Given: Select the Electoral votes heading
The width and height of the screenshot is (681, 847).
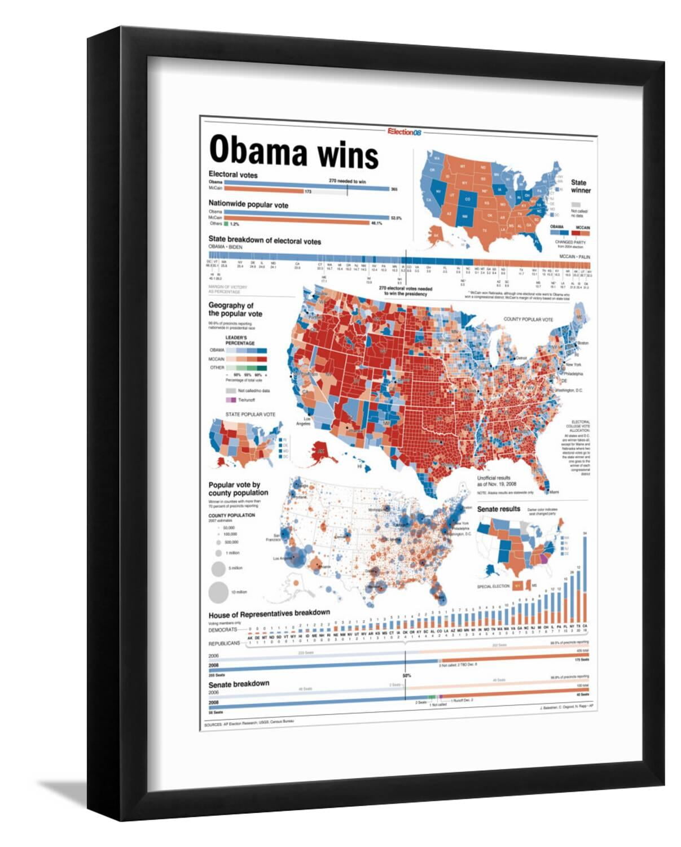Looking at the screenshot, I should (233, 174).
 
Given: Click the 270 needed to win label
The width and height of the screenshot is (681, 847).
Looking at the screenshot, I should (347, 181).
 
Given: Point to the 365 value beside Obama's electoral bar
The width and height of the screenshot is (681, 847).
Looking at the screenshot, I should (394, 189).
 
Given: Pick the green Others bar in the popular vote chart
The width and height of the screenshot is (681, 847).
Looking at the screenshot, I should (226, 224).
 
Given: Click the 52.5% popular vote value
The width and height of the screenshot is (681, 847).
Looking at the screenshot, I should (396, 217).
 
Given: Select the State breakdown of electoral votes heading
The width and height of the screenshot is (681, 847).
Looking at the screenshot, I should (265, 241).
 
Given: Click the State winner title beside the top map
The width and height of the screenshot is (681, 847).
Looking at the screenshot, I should (579, 186).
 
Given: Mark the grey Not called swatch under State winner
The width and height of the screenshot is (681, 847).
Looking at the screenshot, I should (576, 205).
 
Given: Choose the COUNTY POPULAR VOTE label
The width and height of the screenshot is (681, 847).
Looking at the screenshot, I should (528, 320).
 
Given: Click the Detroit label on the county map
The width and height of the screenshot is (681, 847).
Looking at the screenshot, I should (522, 358).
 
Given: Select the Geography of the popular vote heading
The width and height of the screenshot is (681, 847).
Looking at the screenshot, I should (235, 309).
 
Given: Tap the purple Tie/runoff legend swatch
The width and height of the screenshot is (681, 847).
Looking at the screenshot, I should (230, 400).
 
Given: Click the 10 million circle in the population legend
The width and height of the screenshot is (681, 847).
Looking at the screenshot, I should (216, 592).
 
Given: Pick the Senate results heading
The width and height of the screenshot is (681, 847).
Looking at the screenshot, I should (499, 509).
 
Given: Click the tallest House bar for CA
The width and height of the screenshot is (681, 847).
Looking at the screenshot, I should (585, 578).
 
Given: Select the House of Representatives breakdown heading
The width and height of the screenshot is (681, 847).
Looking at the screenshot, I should (269, 613).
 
